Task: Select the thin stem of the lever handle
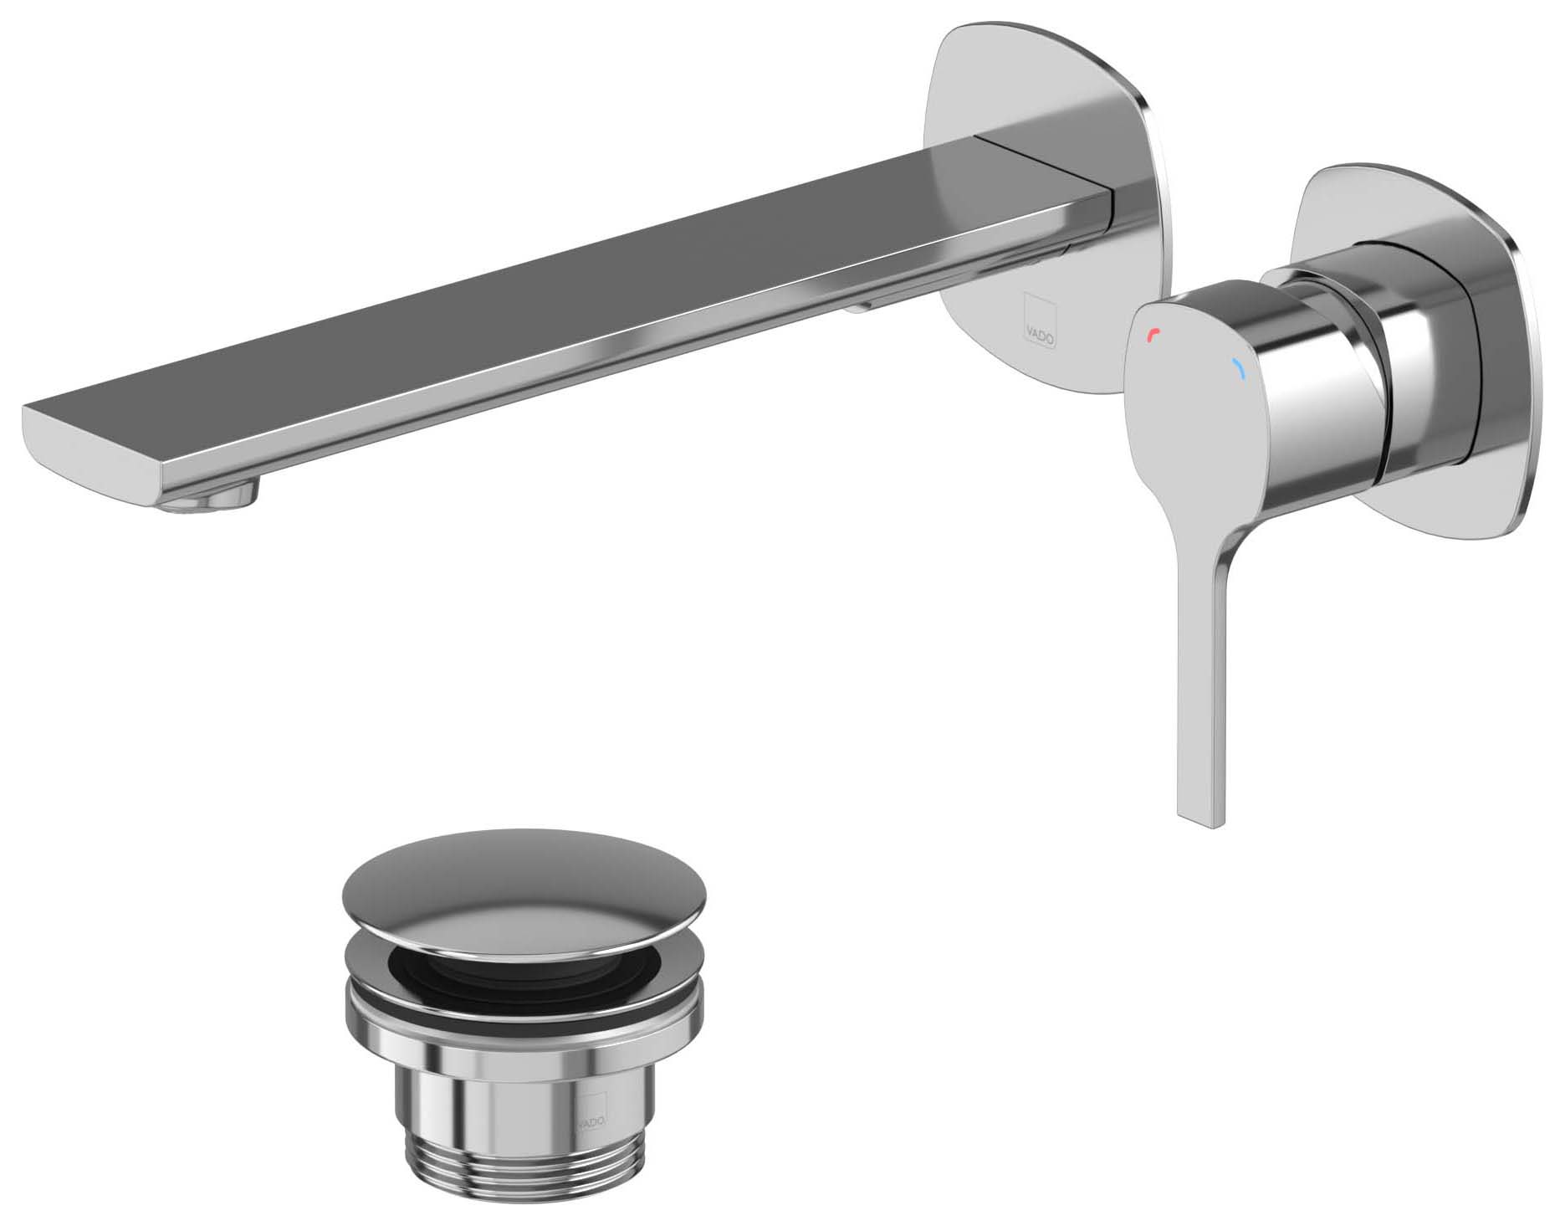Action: [x=1203, y=669]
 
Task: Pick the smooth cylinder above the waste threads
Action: [x=519, y=1096]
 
